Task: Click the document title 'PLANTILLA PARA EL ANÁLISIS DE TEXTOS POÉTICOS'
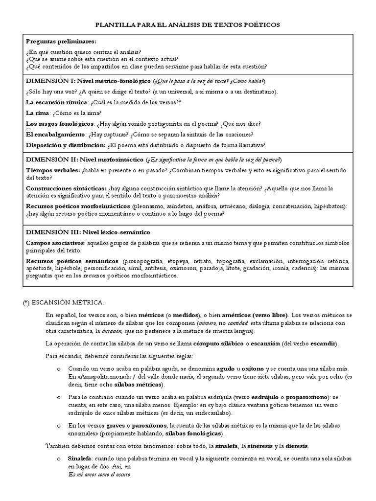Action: [x=188, y=25]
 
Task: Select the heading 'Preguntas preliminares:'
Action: [x=61, y=42]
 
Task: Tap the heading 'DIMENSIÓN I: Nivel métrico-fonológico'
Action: [x=89, y=81]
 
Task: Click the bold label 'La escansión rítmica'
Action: [x=55, y=102]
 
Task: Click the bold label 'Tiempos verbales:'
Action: [x=53, y=170]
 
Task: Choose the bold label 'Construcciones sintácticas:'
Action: [x=66, y=188]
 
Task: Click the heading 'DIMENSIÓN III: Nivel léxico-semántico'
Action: [x=88, y=231]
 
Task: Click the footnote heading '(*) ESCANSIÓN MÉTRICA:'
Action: [x=63, y=303]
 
